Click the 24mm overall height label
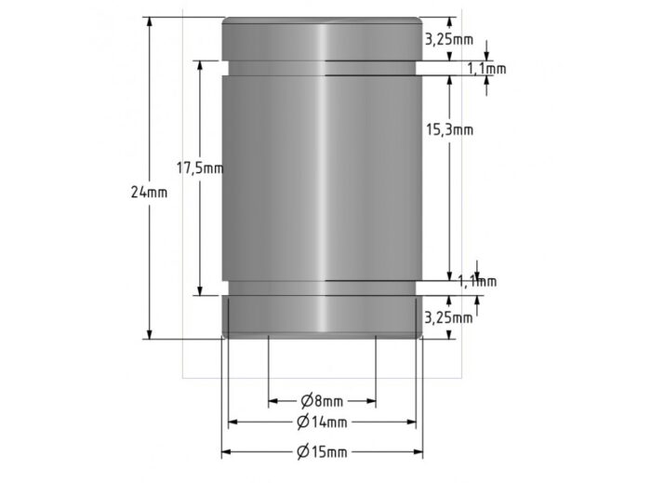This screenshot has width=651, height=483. pos(150,193)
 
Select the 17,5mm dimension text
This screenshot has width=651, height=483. pos(200,168)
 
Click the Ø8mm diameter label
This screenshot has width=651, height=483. pos(322,401)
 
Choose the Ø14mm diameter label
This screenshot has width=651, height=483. pos(322,423)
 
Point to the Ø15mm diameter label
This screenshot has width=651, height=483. pos(322,452)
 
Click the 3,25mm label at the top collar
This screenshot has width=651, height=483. pos(448,39)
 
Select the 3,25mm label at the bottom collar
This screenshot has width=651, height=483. pos(448,317)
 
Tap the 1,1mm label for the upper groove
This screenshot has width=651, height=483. pos(486,69)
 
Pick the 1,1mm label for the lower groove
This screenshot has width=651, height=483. pos(477,281)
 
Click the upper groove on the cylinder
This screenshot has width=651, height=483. pos(322,68)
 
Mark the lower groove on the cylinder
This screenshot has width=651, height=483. pos(322,288)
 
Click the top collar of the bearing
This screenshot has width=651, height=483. pos(322,39)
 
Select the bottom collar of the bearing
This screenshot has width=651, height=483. pos(322,316)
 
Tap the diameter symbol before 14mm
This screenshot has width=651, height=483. pos(303,423)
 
